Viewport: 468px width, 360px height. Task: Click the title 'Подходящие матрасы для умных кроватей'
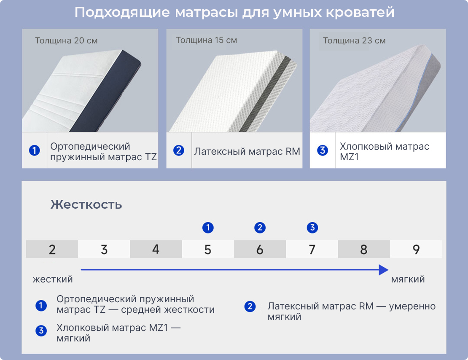point(234,13)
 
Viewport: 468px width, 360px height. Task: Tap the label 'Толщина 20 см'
point(66,40)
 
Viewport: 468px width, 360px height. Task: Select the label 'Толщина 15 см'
point(206,40)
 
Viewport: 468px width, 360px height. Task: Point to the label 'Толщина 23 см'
point(354,40)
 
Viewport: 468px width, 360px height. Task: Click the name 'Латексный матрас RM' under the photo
point(247,151)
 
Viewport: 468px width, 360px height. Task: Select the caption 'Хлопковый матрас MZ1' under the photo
point(385,151)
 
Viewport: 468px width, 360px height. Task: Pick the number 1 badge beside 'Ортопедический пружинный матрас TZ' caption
point(34,150)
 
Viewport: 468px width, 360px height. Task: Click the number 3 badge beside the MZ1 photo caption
point(323,150)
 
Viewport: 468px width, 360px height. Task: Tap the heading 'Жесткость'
point(86,205)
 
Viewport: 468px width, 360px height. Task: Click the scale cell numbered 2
point(52,249)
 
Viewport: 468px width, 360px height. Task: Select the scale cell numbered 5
point(208,249)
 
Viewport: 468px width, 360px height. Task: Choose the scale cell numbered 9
point(416,249)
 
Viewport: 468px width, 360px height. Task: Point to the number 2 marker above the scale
point(260,228)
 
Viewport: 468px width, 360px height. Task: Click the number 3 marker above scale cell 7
point(312,228)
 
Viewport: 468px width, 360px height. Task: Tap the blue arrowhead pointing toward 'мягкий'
point(384,270)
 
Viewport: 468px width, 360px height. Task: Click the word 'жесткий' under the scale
point(53,279)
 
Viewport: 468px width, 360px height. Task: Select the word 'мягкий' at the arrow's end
point(408,279)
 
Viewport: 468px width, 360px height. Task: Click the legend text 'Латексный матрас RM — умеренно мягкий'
point(352,312)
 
